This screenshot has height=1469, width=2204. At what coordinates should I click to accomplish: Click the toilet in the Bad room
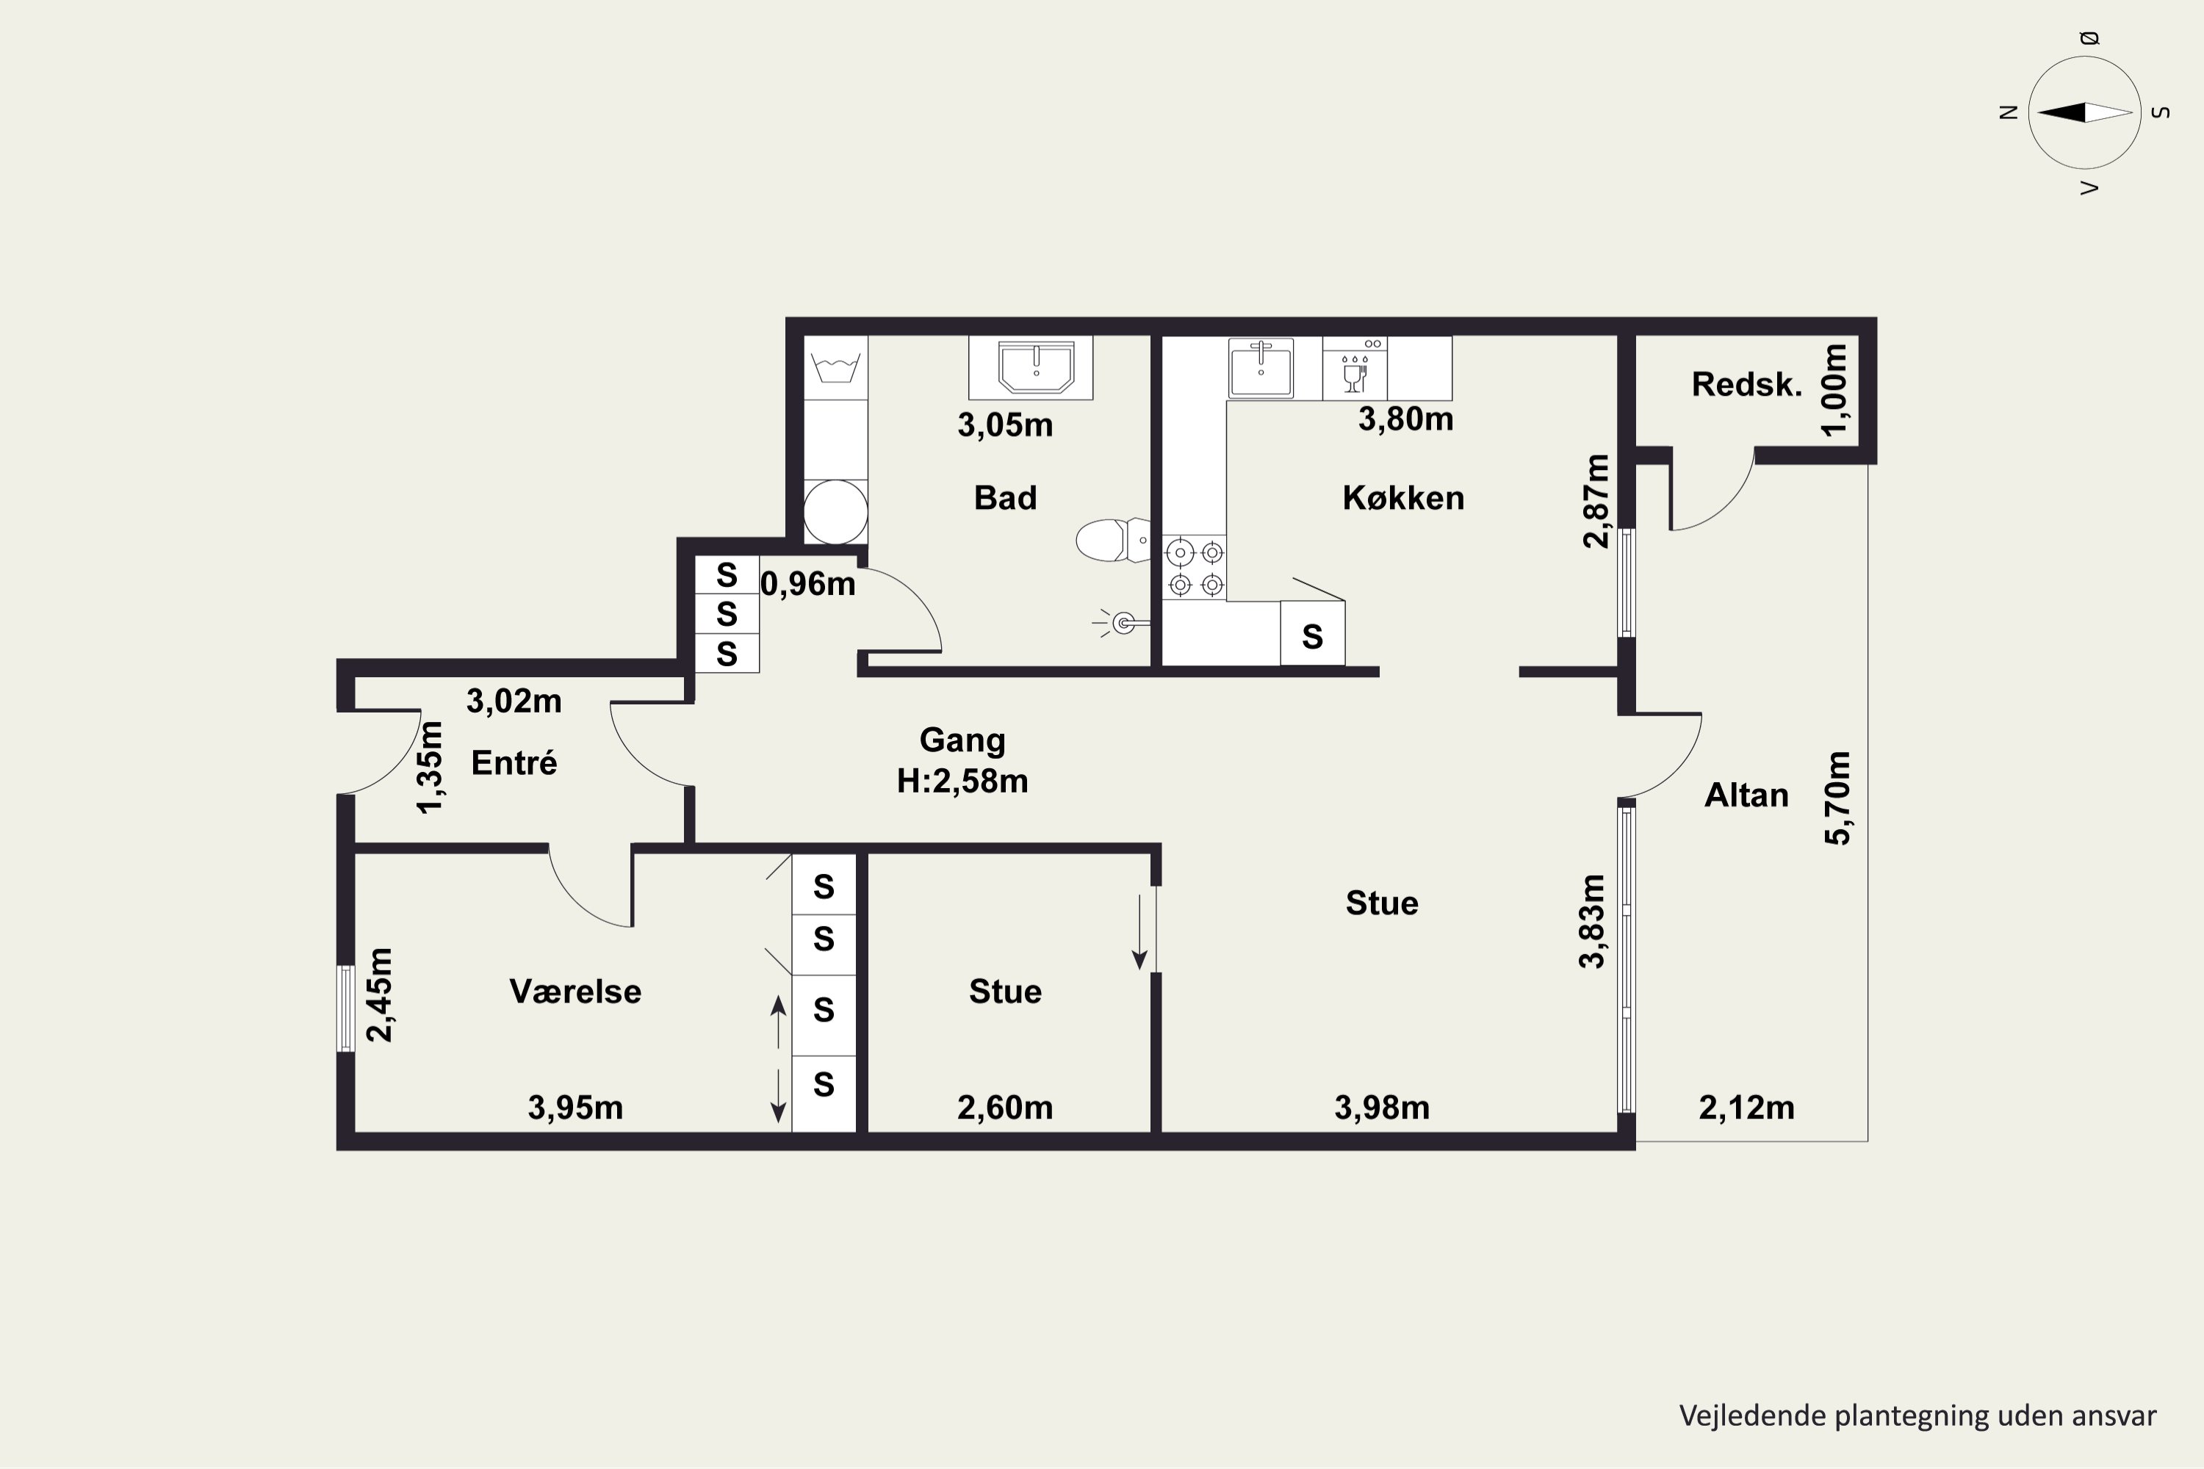[x=1112, y=540]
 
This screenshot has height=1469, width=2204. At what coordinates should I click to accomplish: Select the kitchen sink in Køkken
[x=1261, y=368]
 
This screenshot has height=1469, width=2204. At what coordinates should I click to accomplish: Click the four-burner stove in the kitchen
[x=1195, y=569]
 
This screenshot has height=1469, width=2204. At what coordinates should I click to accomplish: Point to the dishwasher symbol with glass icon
[x=1355, y=368]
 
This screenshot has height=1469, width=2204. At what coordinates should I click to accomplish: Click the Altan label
[x=1746, y=795]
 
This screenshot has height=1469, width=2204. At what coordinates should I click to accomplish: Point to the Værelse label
[x=575, y=991]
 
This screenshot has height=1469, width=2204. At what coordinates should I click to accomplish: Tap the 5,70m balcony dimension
[x=1837, y=798]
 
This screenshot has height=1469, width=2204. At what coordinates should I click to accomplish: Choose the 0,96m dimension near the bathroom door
[x=807, y=585]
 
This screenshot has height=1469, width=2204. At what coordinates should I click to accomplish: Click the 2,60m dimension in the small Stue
[x=1004, y=1108]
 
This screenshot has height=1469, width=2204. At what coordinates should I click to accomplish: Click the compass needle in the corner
[x=2085, y=112]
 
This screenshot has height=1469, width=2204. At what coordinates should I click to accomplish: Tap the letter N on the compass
[x=2008, y=112]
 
